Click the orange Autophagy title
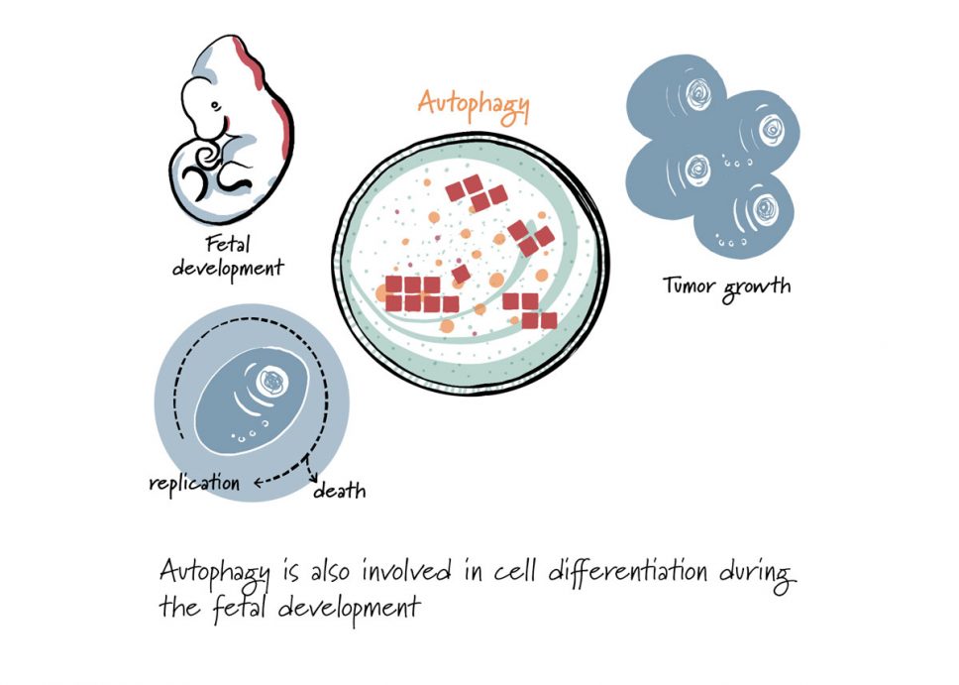pyautogui.click(x=474, y=106)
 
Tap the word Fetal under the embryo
pyautogui.click(x=228, y=244)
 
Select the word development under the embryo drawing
pyautogui.click(x=228, y=268)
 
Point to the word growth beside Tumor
pyautogui.click(x=756, y=287)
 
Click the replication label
pyautogui.click(x=194, y=484)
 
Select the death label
pyautogui.click(x=340, y=491)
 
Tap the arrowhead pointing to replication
pyautogui.click(x=258, y=483)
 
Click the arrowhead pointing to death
pyautogui.click(x=314, y=478)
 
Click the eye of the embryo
pyautogui.click(x=213, y=105)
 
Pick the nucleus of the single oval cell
pyautogui.click(x=271, y=382)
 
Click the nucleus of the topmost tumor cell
pyautogui.click(x=697, y=93)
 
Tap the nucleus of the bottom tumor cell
pyautogui.click(x=765, y=209)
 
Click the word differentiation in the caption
pyautogui.click(x=628, y=572)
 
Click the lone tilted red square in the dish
pyautogui.click(x=461, y=274)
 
